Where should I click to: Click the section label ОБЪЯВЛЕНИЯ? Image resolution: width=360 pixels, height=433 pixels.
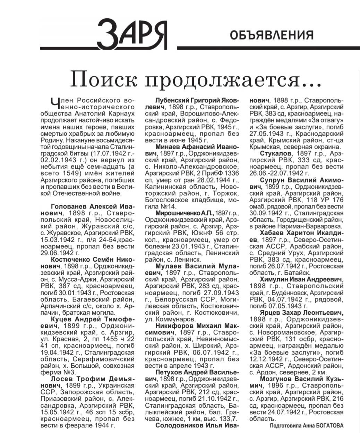tap(272, 35)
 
